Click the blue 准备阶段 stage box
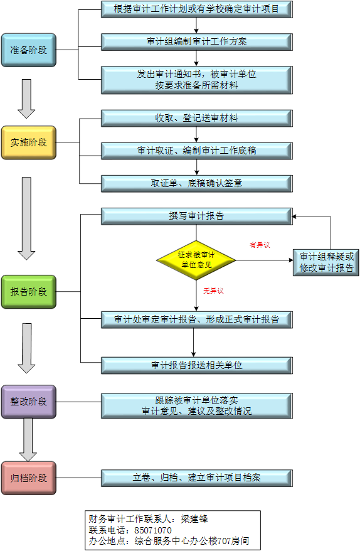point(29,50)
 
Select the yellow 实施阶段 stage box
point(29,142)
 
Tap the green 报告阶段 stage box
point(29,292)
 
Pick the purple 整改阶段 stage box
point(29,402)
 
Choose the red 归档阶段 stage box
point(29,478)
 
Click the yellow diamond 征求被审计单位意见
point(196,260)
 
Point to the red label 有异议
point(260,245)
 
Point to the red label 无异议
point(213,291)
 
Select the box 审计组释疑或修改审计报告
point(326,262)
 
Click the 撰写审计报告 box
point(197,217)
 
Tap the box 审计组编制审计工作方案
point(197,42)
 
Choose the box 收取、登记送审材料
point(197,118)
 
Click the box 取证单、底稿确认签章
point(197,183)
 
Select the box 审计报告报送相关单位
point(197,365)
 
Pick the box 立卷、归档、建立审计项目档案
point(197,478)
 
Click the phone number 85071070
point(153,530)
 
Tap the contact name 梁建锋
point(194,519)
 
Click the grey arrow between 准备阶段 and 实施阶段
point(26,99)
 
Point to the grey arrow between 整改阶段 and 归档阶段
point(28,439)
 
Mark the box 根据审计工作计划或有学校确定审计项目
point(197,9)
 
